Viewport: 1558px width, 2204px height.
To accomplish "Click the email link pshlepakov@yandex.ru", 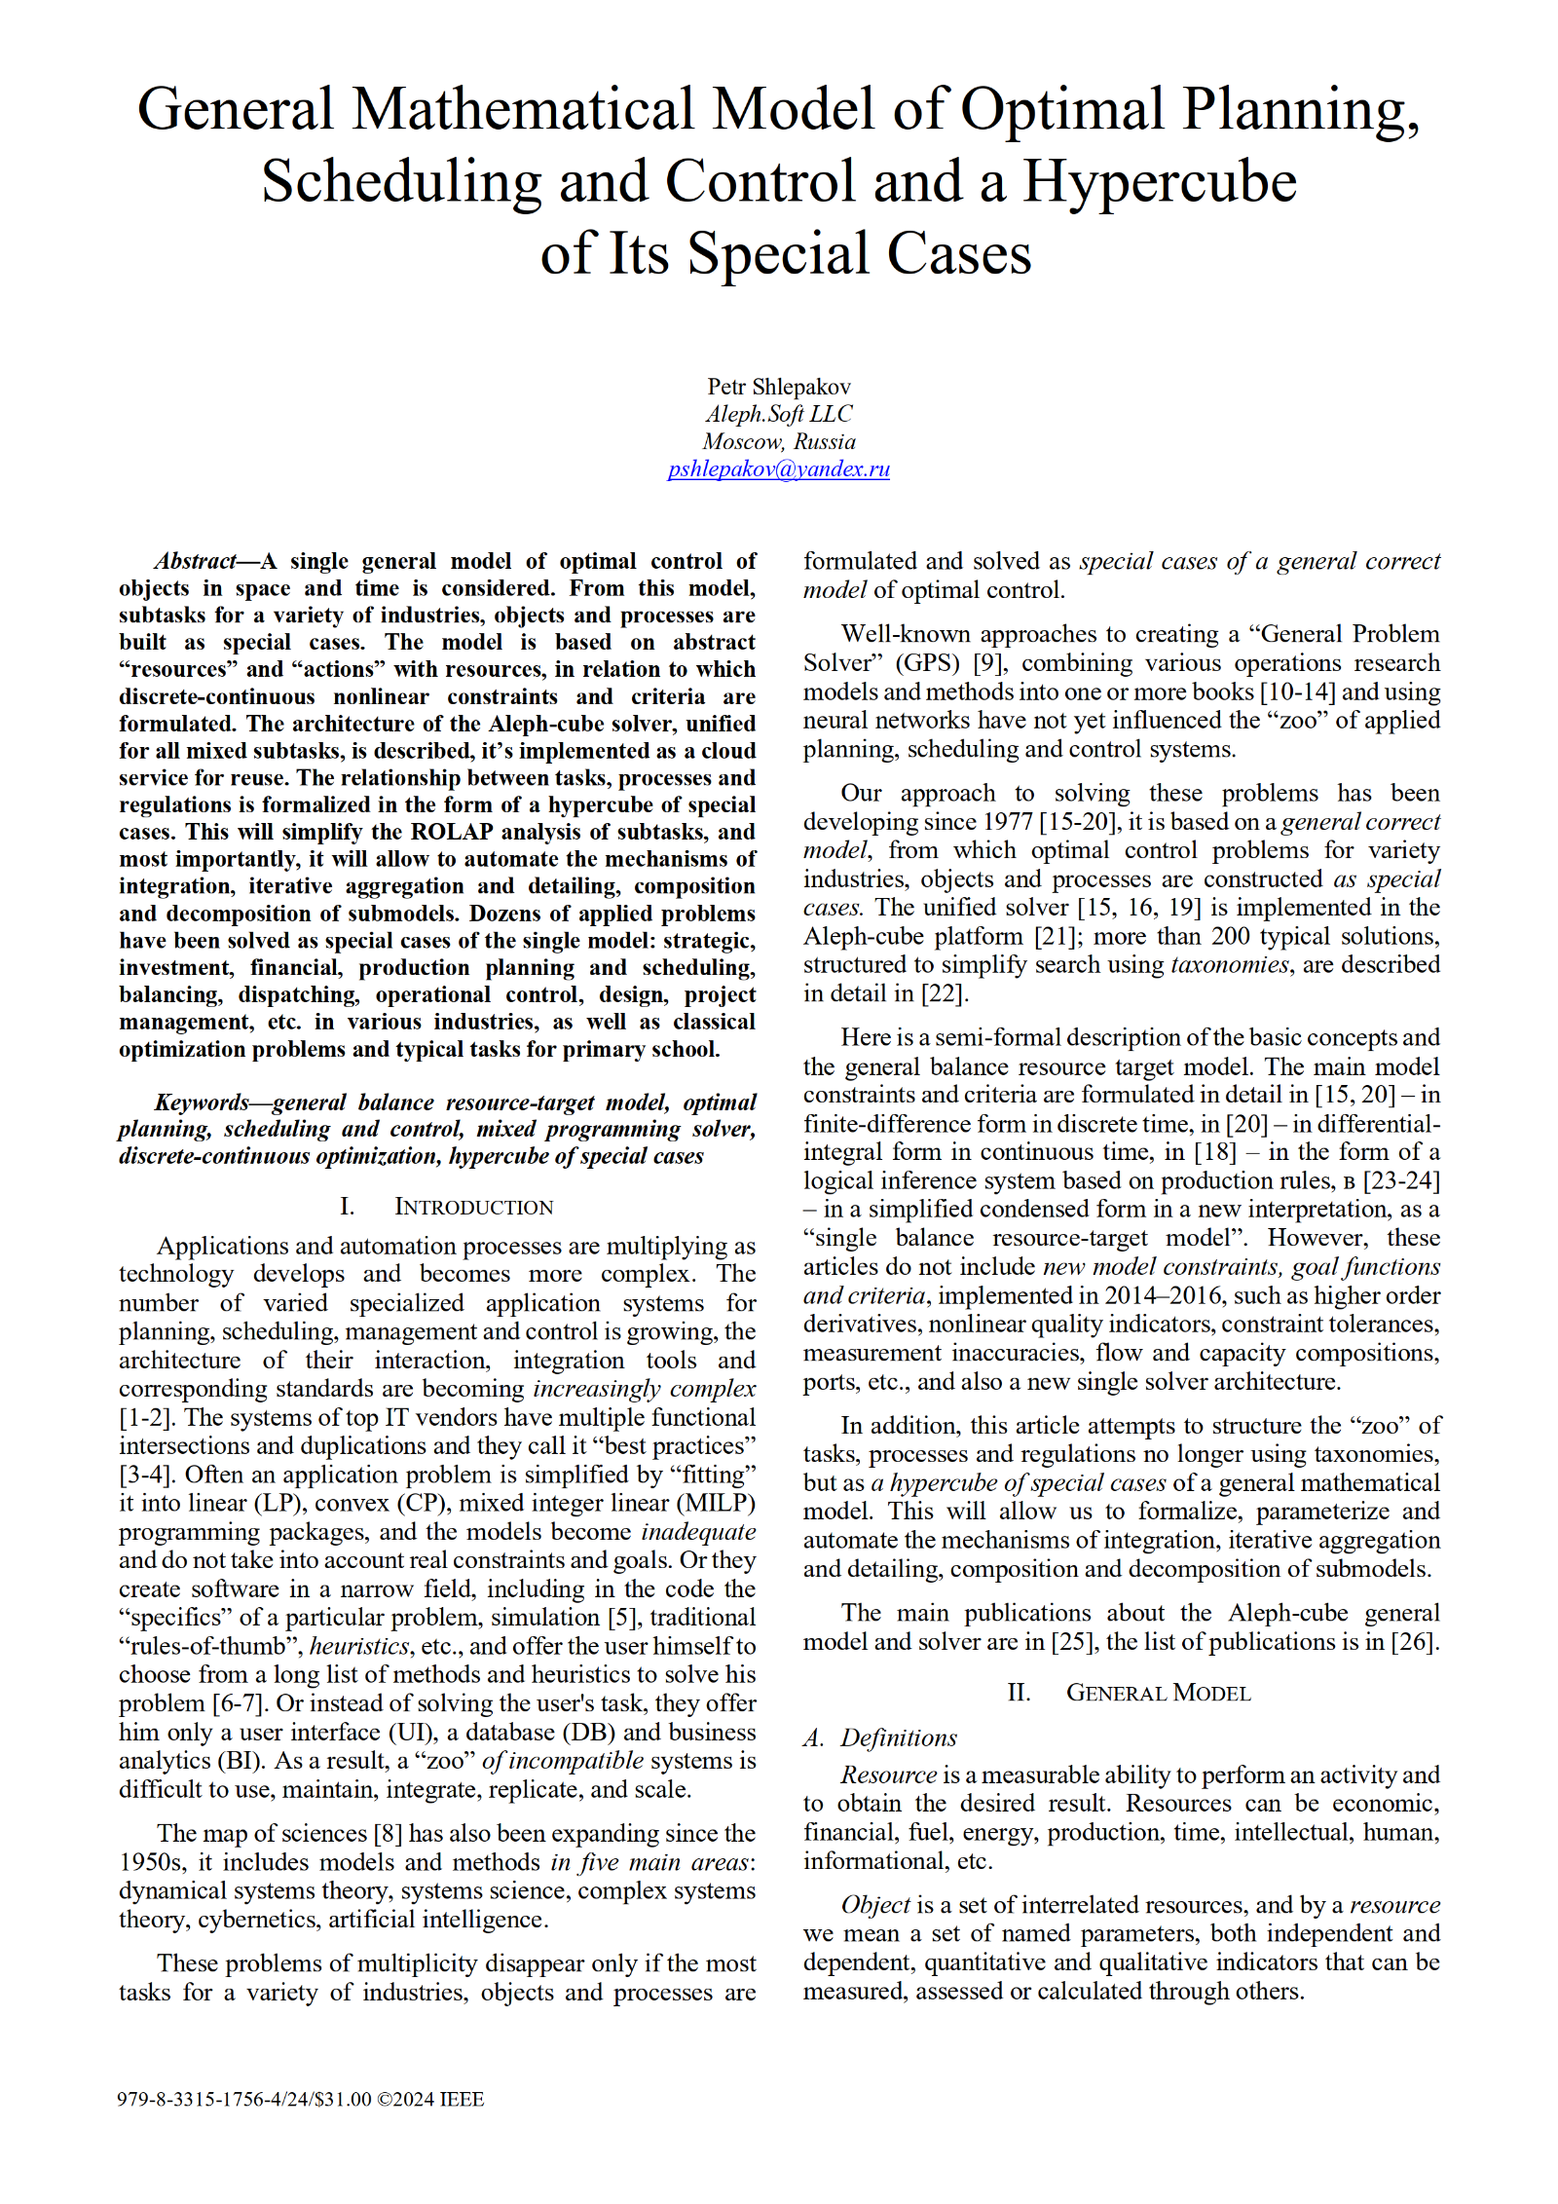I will pos(778,469).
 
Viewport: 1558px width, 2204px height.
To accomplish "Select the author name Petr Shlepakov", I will pos(778,387).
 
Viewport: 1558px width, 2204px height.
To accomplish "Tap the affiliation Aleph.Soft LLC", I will pos(778,414).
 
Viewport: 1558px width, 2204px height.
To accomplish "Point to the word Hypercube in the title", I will pos(1159,182).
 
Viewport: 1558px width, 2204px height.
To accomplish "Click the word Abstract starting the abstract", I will pos(195,561).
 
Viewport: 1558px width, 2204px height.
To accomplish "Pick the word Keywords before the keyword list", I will pos(202,1102).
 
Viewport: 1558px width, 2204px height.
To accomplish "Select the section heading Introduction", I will pos(473,1207).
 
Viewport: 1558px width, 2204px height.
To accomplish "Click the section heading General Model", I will pos(1157,1693).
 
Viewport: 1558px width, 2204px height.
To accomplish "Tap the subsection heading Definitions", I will pos(898,1738).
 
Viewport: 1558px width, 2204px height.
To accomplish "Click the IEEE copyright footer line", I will pos(300,2099).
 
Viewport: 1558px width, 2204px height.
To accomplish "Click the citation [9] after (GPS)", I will pos(989,663).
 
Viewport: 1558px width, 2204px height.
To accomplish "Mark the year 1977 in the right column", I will pos(1007,822).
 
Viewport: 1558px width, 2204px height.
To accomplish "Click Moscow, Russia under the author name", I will pos(778,441).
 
